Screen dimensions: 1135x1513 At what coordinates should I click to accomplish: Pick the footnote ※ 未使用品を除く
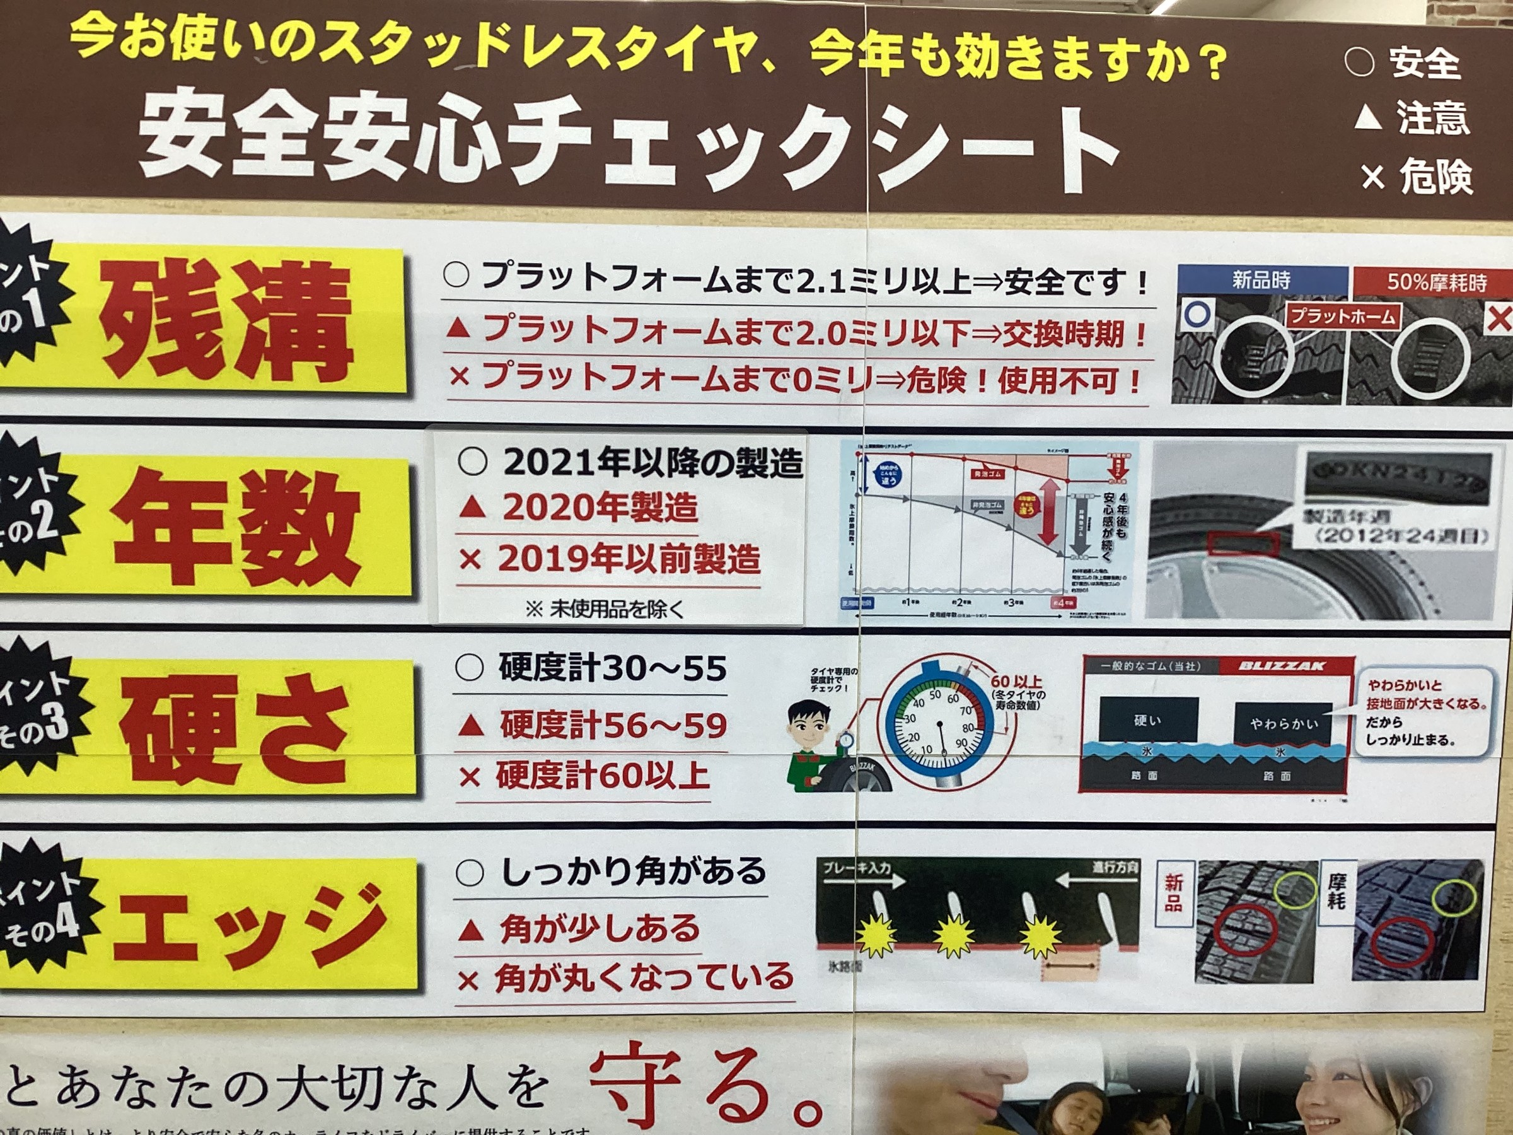tap(605, 610)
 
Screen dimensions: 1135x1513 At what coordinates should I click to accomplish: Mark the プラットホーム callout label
tap(1342, 317)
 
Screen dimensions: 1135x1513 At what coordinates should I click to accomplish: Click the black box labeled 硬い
tap(1148, 720)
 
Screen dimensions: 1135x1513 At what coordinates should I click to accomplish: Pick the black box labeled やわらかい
tap(1283, 723)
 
